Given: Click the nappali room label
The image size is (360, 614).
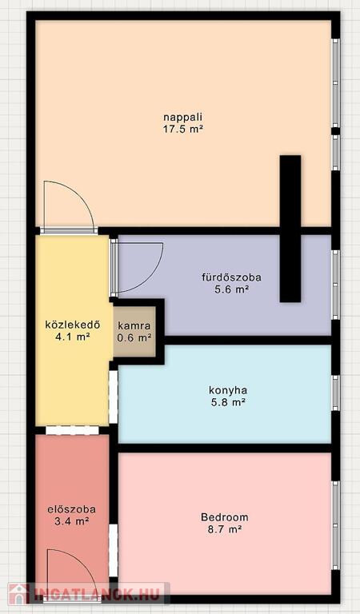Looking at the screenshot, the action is pyautogui.click(x=183, y=118).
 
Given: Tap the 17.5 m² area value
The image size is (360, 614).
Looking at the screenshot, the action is pyautogui.click(x=183, y=130).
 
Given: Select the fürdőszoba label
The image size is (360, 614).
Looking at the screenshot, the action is pyautogui.click(x=231, y=277).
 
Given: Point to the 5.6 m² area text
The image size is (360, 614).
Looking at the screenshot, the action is pyautogui.click(x=231, y=289).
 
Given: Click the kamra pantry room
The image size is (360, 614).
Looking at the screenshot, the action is pyautogui.click(x=134, y=332).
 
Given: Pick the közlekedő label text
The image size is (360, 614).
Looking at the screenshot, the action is pyautogui.click(x=73, y=325).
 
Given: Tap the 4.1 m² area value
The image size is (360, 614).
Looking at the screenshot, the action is pyautogui.click(x=73, y=337).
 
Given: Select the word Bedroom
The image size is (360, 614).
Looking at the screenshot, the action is pyautogui.click(x=225, y=517).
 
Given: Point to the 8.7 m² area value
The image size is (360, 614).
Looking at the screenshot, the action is pyautogui.click(x=225, y=529).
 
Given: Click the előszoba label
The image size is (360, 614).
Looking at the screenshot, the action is pyautogui.click(x=72, y=509).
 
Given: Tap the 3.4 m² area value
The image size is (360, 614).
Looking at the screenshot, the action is pyautogui.click(x=72, y=521).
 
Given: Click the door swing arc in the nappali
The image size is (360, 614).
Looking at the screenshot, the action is pyautogui.click(x=79, y=194).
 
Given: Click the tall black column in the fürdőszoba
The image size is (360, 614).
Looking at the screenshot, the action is pyautogui.click(x=290, y=229).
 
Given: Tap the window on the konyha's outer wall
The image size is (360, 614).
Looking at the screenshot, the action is pyautogui.click(x=336, y=393).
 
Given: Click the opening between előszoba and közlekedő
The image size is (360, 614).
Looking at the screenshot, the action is pyautogui.click(x=72, y=430).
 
